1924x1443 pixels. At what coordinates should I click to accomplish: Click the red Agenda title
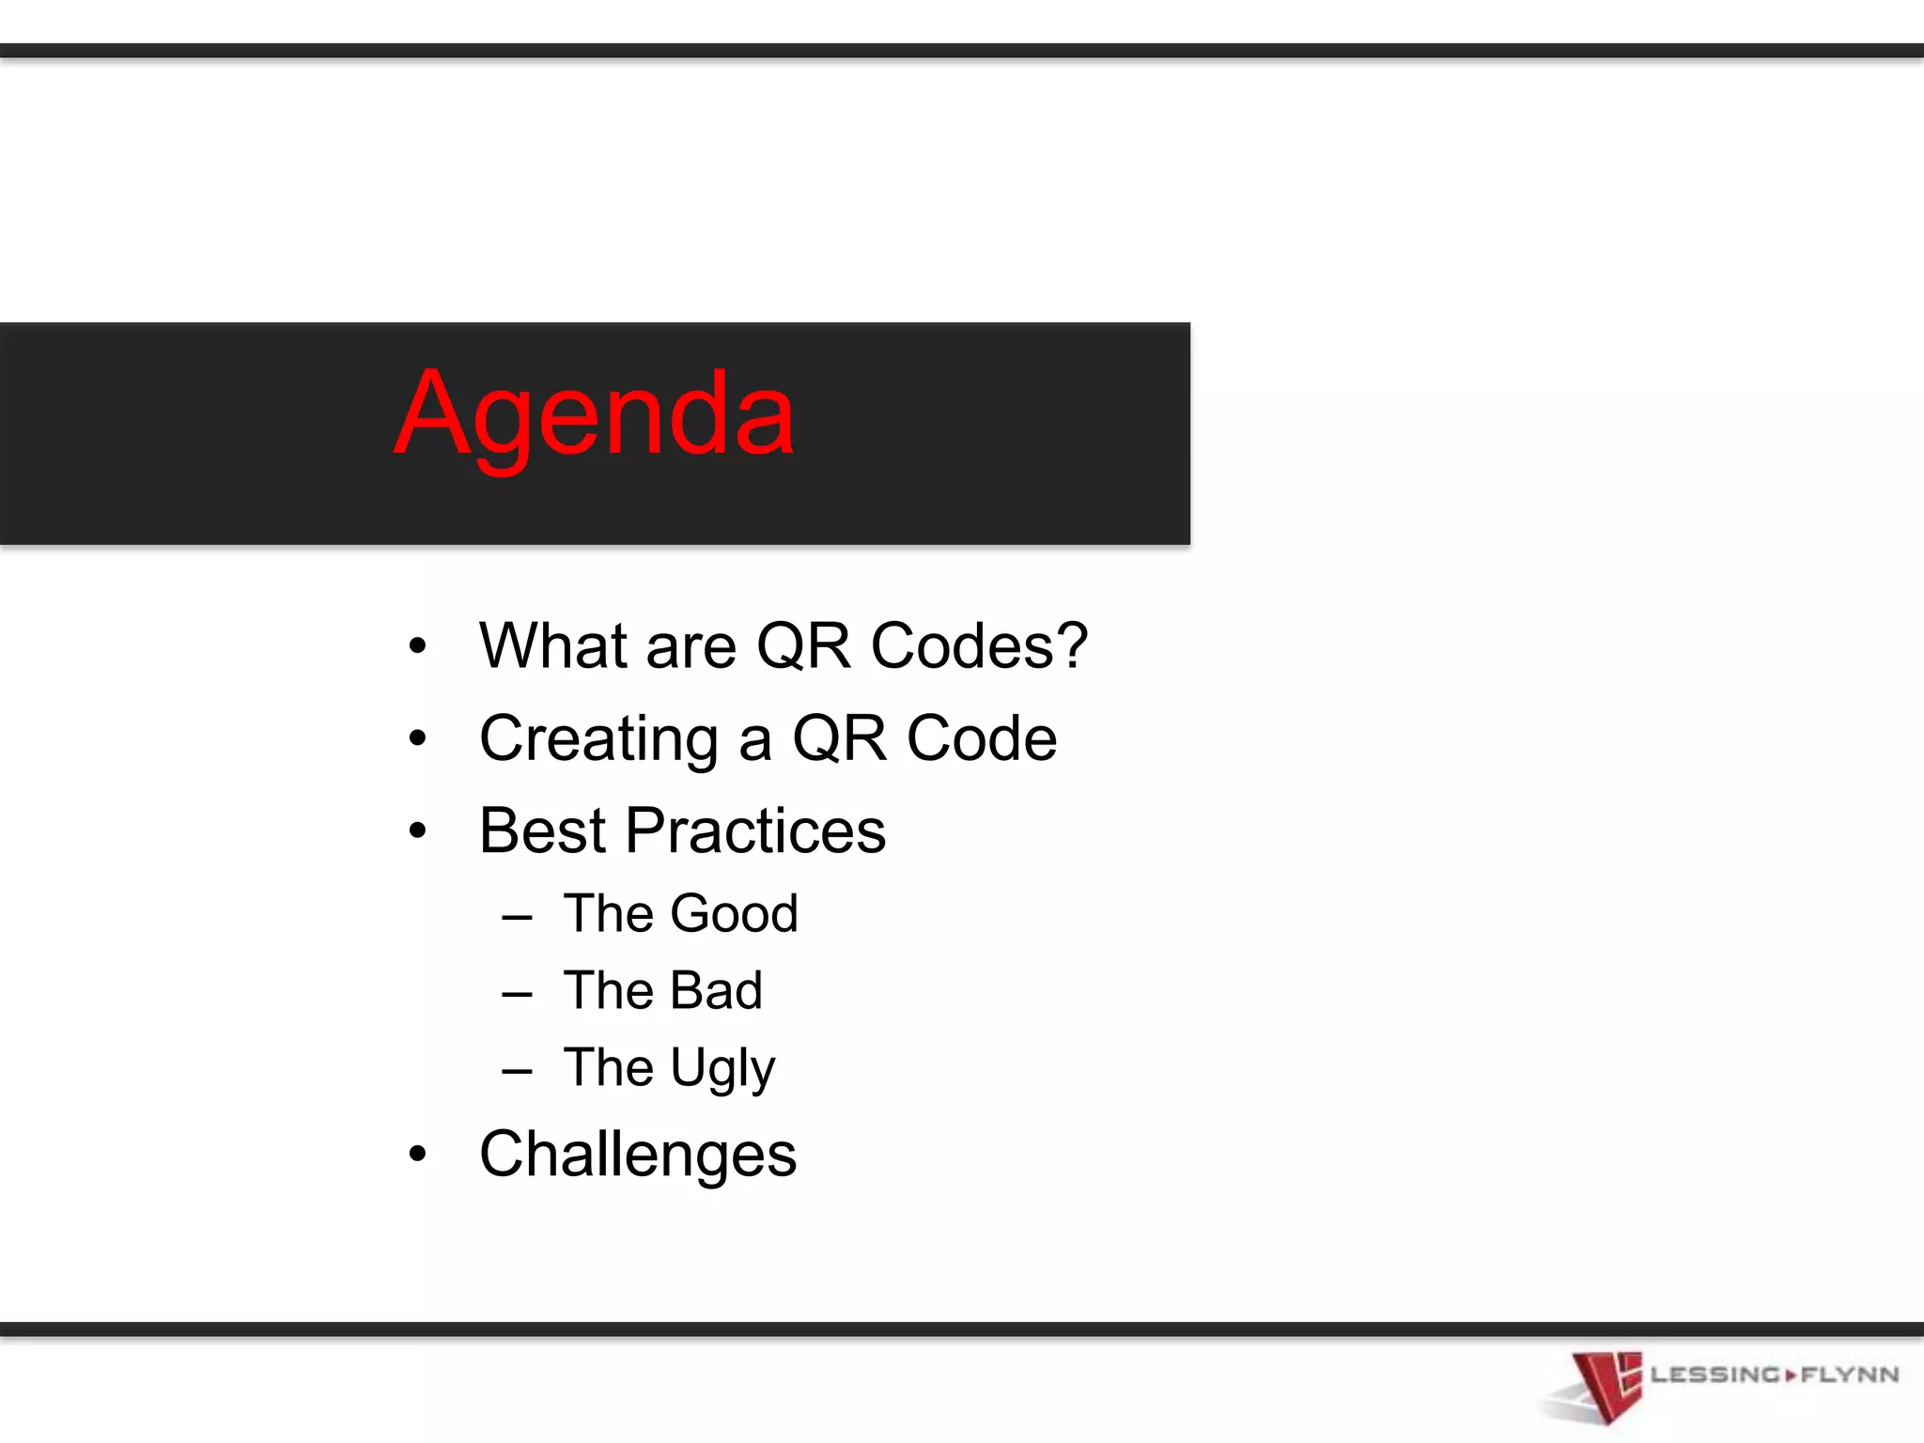[x=595, y=416]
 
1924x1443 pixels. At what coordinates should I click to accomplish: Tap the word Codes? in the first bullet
[x=979, y=646]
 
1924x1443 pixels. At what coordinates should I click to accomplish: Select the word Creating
[x=598, y=740]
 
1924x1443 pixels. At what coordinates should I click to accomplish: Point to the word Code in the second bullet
[x=982, y=738]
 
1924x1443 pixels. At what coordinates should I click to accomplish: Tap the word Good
[x=734, y=913]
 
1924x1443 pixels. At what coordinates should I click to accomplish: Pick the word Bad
[x=715, y=990]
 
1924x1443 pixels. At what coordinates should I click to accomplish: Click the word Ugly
[x=722, y=1069]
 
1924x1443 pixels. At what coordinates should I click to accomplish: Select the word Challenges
[x=638, y=1156]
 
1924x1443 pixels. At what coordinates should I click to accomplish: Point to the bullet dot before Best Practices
[x=418, y=830]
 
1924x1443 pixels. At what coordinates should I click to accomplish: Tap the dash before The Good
[x=517, y=916]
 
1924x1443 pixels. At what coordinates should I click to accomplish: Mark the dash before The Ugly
[x=517, y=1070]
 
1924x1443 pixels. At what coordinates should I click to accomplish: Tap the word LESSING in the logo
[x=1715, y=1375]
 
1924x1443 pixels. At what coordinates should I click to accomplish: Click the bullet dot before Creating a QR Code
[x=418, y=738]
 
